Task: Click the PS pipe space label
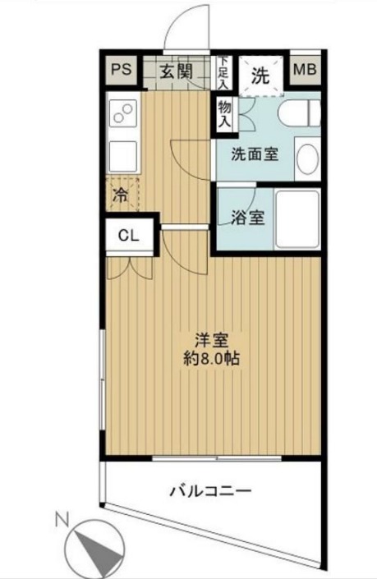(122, 70)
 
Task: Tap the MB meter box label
(305, 70)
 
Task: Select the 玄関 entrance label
(176, 71)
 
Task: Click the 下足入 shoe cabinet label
(223, 72)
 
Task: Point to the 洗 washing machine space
(260, 76)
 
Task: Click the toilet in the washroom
(299, 113)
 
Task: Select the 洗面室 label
(255, 154)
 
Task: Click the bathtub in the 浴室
(297, 220)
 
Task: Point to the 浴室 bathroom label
(248, 218)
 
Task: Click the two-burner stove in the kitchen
(123, 113)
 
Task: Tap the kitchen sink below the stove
(123, 156)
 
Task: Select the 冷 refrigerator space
(122, 195)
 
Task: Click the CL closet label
(128, 235)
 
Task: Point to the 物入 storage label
(224, 113)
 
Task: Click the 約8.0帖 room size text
(212, 359)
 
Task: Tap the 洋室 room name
(212, 340)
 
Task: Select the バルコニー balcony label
(211, 491)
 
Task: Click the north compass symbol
(94, 546)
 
